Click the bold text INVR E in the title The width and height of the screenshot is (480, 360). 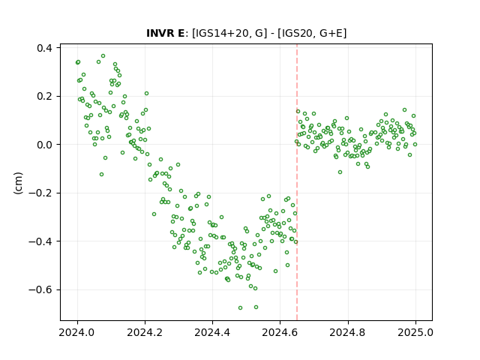point(165,33)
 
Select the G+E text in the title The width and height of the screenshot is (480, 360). point(331,33)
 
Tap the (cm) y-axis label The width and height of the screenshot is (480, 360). point(18,183)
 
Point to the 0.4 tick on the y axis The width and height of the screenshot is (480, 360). point(44,48)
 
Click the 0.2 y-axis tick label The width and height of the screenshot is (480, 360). point(44,97)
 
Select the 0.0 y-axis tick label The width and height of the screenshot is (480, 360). point(44,145)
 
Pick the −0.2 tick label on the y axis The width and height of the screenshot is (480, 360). point(40,193)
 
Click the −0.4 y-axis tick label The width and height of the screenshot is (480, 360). point(40,241)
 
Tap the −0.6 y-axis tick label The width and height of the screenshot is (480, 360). point(40,290)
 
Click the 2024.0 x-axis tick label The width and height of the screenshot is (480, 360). point(77,332)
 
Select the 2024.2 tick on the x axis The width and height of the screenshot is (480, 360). point(145,332)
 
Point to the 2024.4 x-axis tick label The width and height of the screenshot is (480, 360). point(212,332)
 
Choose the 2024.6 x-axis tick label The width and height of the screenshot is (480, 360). point(280,332)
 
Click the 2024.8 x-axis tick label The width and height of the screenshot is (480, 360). point(348,332)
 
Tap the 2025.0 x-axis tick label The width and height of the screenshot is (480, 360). point(415,332)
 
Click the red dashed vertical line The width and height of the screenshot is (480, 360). point(297,182)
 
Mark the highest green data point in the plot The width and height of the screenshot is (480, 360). point(103,56)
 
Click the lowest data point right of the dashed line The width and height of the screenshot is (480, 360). point(340,172)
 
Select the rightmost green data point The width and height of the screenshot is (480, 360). point(415,145)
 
